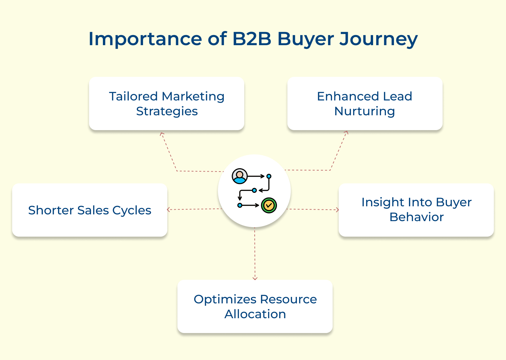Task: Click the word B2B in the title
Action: pyautogui.click(x=252, y=39)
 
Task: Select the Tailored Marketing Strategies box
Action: pyautogui.click(x=166, y=103)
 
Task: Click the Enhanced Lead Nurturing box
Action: pyautogui.click(x=365, y=103)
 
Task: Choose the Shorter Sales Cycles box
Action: pyautogui.click(x=90, y=210)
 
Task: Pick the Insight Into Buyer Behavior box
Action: pyautogui.click(x=416, y=210)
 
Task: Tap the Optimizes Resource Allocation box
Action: pyautogui.click(x=255, y=306)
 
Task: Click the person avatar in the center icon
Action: pyautogui.click(x=240, y=176)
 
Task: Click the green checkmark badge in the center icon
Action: pyautogui.click(x=269, y=205)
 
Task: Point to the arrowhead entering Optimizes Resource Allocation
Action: pyautogui.click(x=255, y=278)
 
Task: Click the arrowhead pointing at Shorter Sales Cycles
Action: pyautogui.click(x=169, y=210)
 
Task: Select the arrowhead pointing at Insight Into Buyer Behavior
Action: pyautogui.click(x=337, y=210)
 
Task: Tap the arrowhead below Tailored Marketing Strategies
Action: pyautogui.click(x=162, y=134)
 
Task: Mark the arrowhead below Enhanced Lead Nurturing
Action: pyautogui.click(x=346, y=132)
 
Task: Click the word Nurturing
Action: pyautogui.click(x=364, y=111)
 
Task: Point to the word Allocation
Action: pyautogui.click(x=255, y=314)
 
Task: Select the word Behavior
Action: pyautogui.click(x=416, y=217)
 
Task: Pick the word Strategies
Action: pyautogui.click(x=167, y=111)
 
